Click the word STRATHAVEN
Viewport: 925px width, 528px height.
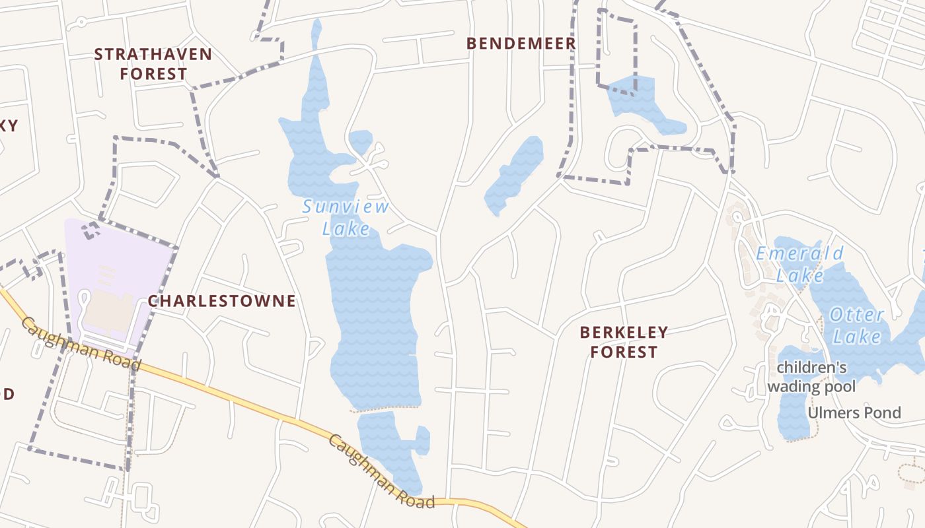pos(153,54)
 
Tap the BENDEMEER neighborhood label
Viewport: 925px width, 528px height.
pos(521,44)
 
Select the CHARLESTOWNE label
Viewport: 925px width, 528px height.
pos(222,301)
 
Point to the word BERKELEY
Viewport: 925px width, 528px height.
pos(624,332)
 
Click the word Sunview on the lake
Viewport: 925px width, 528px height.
pos(346,207)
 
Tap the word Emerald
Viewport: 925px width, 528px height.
pos(799,253)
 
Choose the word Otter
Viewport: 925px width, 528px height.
pos(856,315)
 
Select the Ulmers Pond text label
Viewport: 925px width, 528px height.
pos(854,413)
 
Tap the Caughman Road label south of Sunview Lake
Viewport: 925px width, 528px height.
pos(381,471)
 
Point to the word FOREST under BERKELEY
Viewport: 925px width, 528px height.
pos(624,352)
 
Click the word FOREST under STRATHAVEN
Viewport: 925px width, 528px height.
pos(153,74)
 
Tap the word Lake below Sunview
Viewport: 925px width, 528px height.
pos(346,228)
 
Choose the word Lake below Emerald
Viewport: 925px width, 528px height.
pos(799,275)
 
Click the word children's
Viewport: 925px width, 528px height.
pos(812,367)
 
